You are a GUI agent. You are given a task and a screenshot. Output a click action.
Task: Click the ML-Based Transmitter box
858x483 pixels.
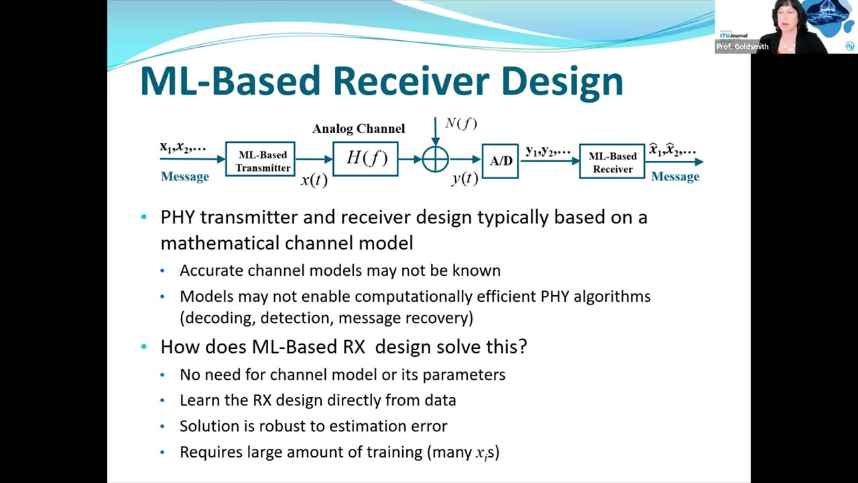[262, 160]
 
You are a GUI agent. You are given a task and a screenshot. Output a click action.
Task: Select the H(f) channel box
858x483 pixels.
[365, 159]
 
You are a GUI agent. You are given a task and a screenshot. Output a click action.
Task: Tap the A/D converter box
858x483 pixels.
[500, 161]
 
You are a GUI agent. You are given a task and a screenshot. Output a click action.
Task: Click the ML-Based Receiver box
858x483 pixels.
[612, 162]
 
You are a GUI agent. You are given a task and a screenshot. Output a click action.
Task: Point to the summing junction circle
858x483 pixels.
[436, 160]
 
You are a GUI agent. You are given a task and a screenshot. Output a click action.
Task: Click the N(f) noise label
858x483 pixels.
[461, 123]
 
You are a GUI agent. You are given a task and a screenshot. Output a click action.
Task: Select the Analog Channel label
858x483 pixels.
[359, 129]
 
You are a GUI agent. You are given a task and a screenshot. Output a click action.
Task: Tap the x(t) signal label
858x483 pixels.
[314, 180]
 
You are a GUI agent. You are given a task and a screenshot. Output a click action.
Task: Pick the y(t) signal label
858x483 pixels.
[465, 178]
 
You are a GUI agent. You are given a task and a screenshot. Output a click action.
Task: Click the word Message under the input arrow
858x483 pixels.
[185, 176]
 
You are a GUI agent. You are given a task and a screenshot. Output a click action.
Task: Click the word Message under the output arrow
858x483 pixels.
[675, 176]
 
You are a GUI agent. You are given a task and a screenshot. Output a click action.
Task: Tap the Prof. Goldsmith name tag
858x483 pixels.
[742, 46]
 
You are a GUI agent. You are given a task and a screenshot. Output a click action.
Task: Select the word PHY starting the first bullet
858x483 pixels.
[178, 217]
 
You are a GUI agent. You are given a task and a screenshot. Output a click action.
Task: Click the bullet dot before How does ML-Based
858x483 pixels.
[144, 347]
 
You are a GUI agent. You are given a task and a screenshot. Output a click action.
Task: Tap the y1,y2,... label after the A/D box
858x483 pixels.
[548, 151]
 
